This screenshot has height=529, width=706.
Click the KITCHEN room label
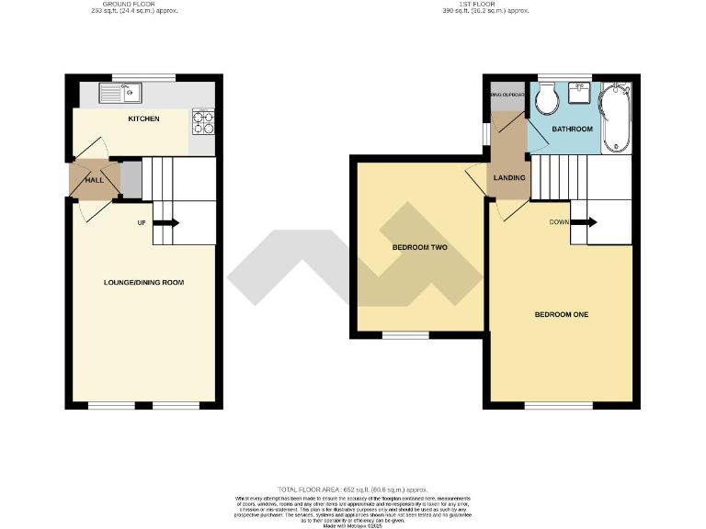click(x=142, y=118)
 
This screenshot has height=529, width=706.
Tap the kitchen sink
click(x=120, y=92)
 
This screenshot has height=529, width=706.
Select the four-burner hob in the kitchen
click(x=201, y=121)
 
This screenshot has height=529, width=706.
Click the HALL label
click(x=94, y=180)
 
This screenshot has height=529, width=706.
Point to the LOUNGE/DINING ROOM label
click(x=143, y=282)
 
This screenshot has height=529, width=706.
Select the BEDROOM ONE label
click(x=561, y=315)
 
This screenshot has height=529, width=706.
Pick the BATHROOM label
click(x=572, y=129)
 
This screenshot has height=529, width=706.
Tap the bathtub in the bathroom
click(x=615, y=118)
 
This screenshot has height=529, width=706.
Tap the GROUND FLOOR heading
click(x=142, y=6)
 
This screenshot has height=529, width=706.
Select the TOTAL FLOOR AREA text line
click(x=353, y=490)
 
